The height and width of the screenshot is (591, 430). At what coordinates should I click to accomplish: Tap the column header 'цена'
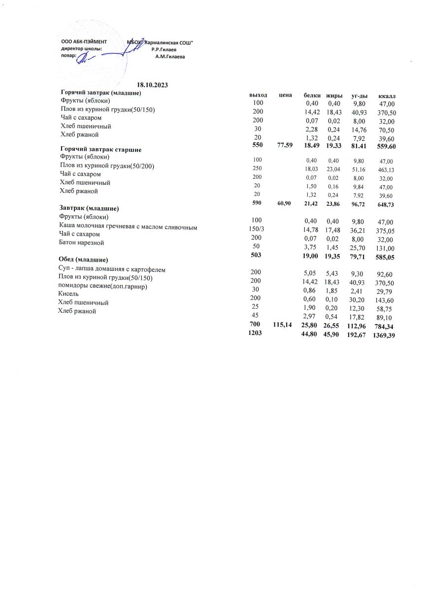286,95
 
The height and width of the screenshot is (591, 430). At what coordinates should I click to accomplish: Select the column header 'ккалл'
387,95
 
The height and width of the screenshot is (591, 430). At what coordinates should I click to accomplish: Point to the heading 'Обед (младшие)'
83,259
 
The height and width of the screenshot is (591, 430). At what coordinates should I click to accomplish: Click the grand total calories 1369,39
385,335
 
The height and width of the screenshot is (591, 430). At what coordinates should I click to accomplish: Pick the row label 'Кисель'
68,294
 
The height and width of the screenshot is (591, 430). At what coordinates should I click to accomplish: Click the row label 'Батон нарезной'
82,243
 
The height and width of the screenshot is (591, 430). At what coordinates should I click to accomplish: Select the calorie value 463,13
385,169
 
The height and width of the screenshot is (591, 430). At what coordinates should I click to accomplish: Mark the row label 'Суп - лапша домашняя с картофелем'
112,269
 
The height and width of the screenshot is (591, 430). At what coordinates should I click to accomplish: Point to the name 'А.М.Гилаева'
170,57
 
